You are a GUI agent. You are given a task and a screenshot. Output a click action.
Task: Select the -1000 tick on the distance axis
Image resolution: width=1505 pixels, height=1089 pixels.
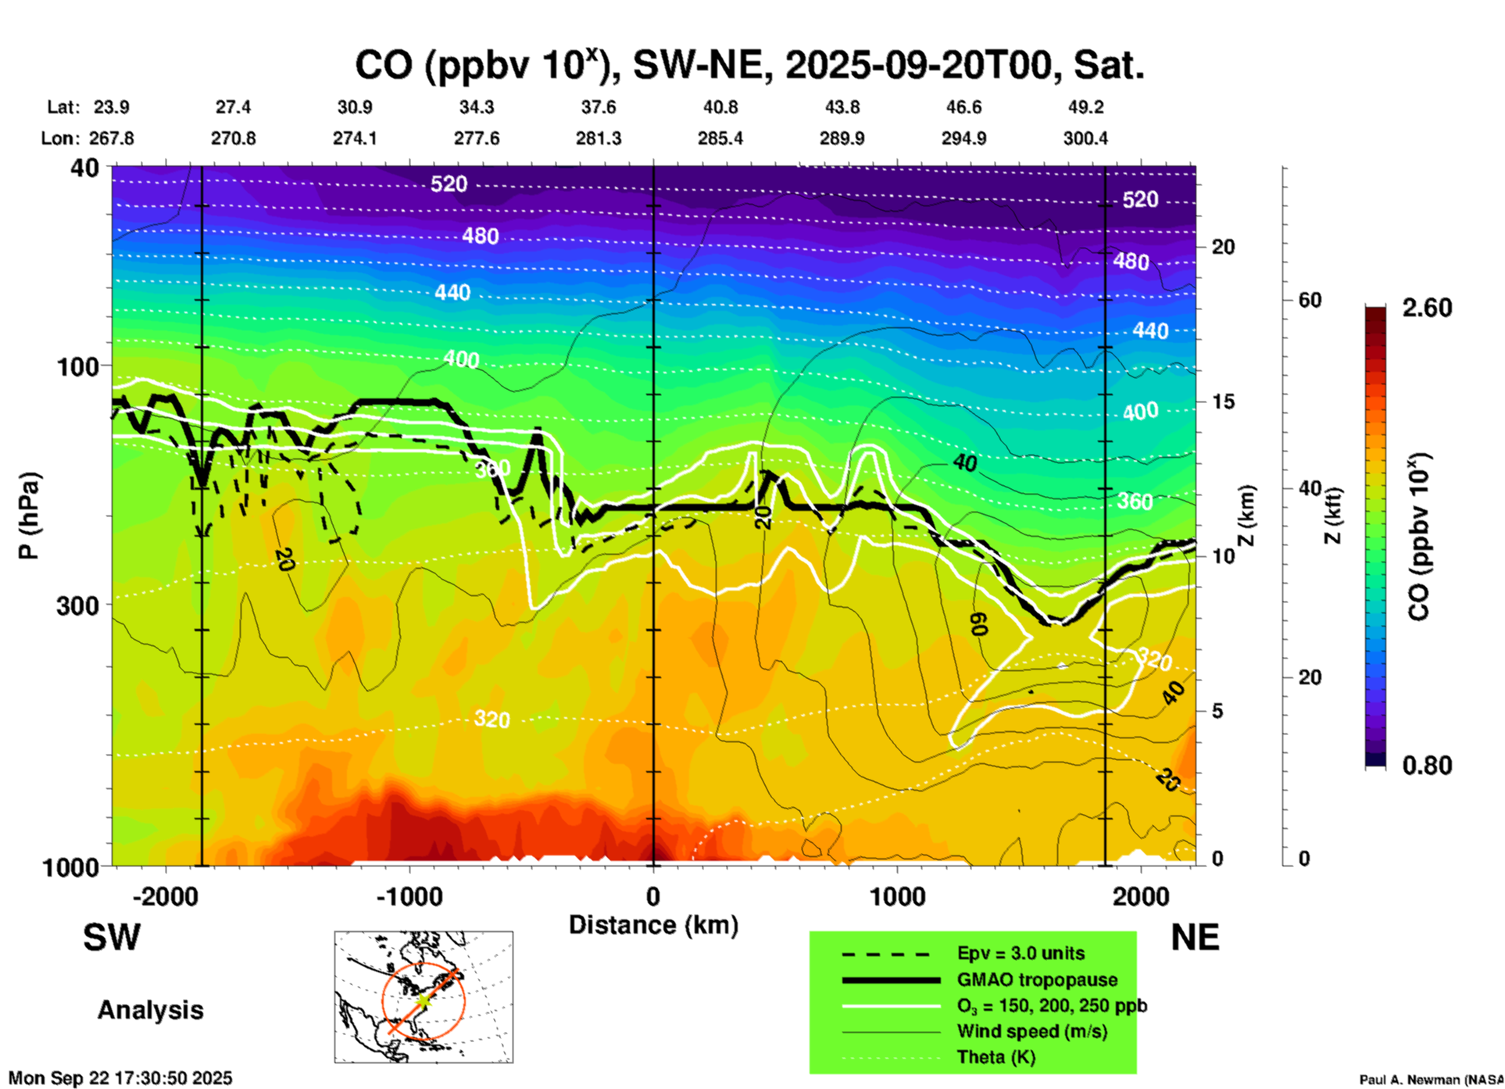pos(409,896)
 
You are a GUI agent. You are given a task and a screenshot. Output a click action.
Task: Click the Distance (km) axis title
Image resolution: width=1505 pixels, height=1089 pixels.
pos(653,925)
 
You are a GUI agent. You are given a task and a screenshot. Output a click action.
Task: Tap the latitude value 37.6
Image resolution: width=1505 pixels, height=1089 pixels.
pos(598,107)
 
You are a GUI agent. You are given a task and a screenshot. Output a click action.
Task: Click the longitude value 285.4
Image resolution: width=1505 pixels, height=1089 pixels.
pos(720,138)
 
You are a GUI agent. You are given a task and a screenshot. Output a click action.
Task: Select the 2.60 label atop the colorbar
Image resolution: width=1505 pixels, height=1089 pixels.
pos(1427,308)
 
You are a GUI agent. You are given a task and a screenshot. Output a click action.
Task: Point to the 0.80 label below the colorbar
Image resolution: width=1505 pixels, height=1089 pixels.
pos(1427,766)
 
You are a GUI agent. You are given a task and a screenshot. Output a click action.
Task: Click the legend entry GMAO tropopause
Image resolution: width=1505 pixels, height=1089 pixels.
pos(1037,980)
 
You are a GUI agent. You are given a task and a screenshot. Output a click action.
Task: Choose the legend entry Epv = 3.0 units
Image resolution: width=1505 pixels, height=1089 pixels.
pos(1021,953)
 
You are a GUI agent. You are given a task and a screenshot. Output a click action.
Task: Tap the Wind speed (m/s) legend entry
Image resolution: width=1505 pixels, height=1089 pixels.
pos(1031,1031)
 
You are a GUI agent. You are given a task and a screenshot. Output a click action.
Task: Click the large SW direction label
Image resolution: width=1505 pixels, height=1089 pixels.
pos(112,937)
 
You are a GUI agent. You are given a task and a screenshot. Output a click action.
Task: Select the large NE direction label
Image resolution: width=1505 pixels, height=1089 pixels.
pos(1195,937)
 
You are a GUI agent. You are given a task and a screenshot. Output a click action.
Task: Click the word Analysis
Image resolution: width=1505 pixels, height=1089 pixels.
pos(150,1010)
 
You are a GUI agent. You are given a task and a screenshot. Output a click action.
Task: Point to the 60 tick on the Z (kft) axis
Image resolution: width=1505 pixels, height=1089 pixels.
pos(1310,300)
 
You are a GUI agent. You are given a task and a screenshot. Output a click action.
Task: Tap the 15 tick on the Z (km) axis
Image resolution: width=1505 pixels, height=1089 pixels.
pos(1223,402)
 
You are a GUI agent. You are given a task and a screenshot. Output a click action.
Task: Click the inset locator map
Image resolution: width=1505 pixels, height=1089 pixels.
pos(424,996)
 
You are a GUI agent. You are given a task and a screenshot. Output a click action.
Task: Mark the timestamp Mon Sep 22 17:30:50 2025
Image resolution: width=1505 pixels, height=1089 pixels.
pos(120,1078)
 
